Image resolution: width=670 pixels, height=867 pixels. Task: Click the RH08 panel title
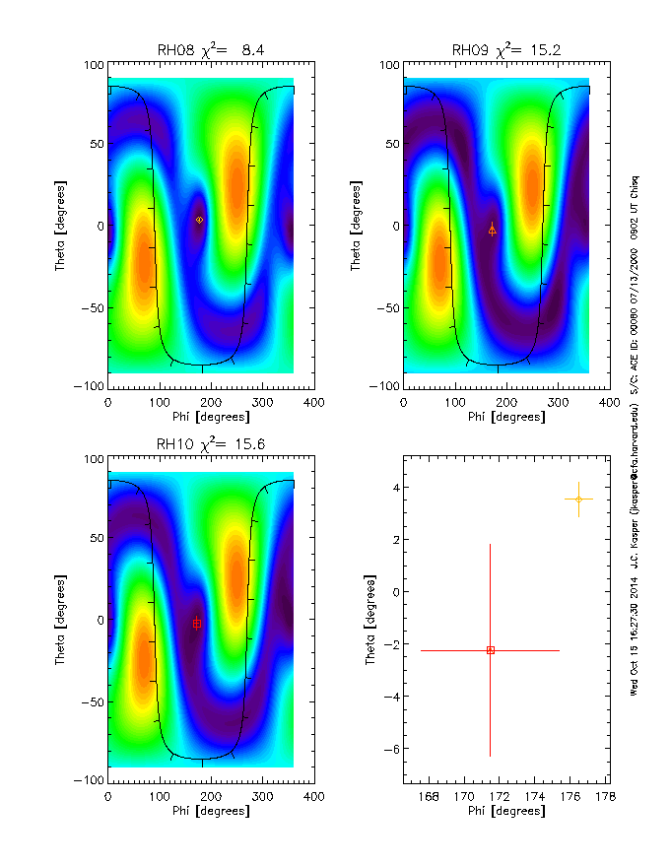211,50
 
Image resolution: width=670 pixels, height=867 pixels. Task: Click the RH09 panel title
506,50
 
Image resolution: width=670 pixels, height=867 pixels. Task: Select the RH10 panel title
211,444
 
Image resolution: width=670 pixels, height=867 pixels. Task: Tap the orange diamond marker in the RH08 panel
199,220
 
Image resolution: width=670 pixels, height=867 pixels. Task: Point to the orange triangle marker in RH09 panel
493,230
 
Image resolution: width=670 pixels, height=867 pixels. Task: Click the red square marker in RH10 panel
197,624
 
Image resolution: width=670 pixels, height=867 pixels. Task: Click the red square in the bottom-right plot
490,650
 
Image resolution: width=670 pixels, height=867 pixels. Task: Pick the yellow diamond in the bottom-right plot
578,499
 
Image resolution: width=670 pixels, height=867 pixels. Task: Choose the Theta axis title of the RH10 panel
61,619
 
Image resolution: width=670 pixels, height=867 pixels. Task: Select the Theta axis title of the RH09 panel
357,225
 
